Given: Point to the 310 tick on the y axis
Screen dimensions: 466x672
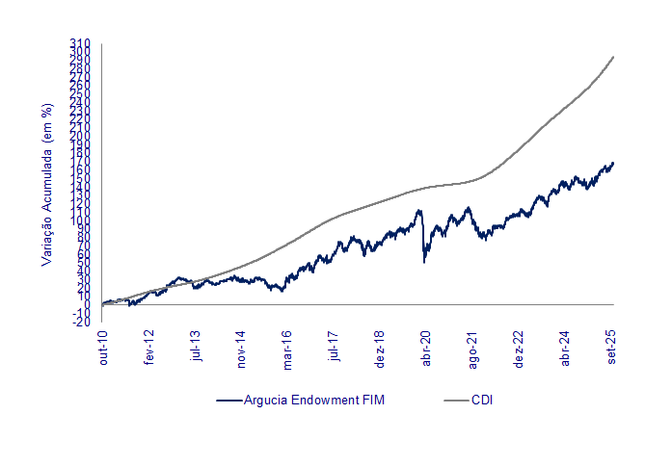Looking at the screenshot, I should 80,43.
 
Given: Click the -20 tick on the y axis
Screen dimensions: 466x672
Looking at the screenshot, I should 80,322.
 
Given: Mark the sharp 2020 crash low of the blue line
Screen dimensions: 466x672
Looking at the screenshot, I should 424,262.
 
